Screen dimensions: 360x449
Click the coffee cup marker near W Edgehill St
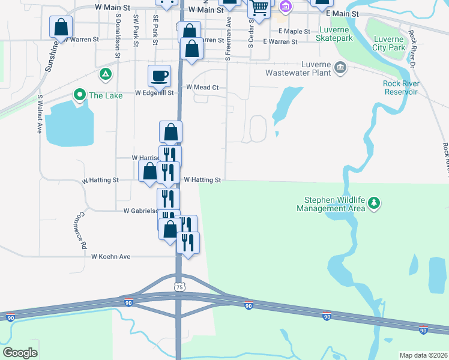pos(159,76)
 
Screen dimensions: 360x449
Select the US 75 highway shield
pos(179,287)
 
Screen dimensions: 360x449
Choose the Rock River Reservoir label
pos(400,88)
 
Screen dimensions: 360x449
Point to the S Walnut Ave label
pos(39,113)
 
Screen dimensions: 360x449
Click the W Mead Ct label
pos(202,87)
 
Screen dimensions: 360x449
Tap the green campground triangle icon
pos(105,74)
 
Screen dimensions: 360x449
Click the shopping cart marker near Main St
pos(259,8)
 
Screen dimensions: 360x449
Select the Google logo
pos(20,353)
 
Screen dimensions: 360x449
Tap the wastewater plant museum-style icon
pos(340,67)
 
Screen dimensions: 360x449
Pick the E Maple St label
pos(294,31)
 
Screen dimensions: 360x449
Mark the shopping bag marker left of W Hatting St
pos(149,170)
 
